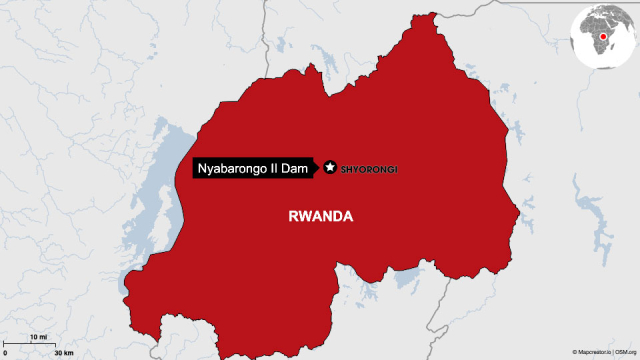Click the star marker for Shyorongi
(329, 168)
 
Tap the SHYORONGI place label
(370, 169)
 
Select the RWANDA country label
(321, 215)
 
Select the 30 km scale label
(63, 353)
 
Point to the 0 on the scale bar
(5, 353)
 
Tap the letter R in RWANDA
(292, 215)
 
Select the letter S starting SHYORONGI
(345, 169)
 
